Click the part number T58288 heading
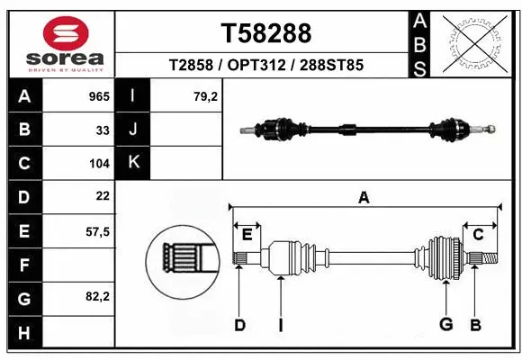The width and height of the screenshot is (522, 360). pos(265,33)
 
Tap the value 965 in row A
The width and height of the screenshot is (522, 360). pos(98,96)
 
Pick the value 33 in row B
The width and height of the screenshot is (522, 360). pos(103,130)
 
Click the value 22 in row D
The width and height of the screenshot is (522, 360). pos(103,195)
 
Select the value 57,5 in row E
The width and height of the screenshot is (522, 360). pos(97,230)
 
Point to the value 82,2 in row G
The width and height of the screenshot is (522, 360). pos(97,297)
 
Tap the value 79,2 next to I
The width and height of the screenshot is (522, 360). pos(206,96)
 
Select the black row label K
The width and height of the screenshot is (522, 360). pos(133,163)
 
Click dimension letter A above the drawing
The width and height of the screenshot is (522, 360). pos(364,199)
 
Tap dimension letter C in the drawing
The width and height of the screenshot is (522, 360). pos(478,235)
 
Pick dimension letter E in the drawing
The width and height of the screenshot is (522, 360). pos(247,235)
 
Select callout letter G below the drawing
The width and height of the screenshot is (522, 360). pos(445,325)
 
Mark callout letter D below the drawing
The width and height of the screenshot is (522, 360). pos(239,325)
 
